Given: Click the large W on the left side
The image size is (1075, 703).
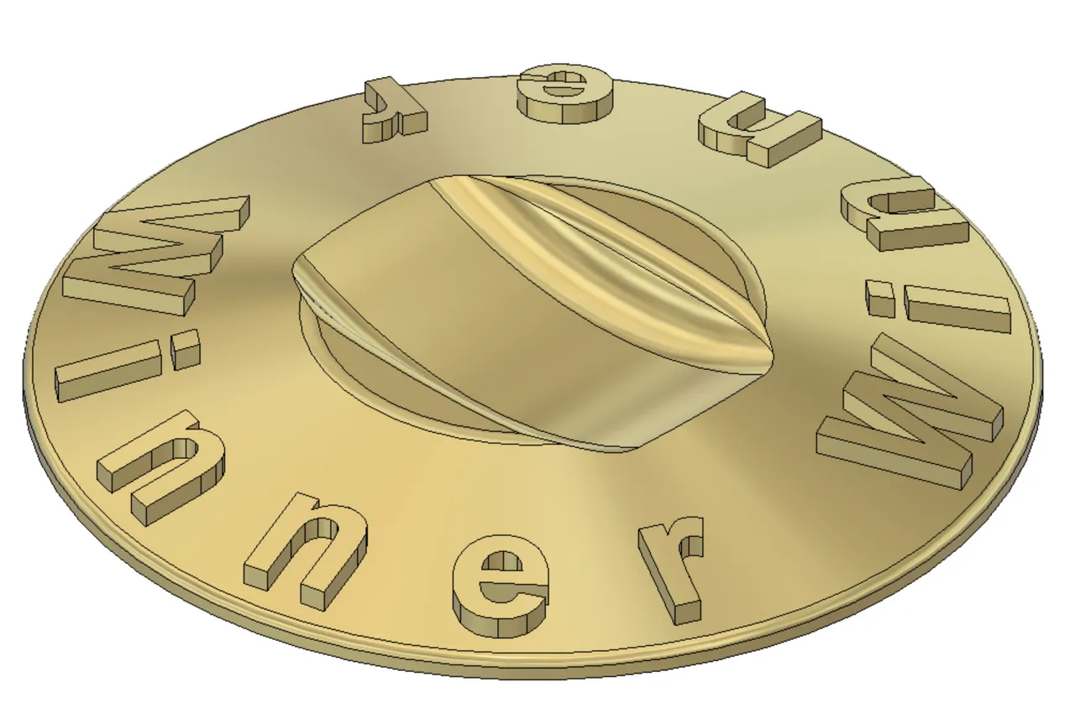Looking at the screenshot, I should pos(160,252).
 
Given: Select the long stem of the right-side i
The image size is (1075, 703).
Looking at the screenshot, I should pos(957,310).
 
